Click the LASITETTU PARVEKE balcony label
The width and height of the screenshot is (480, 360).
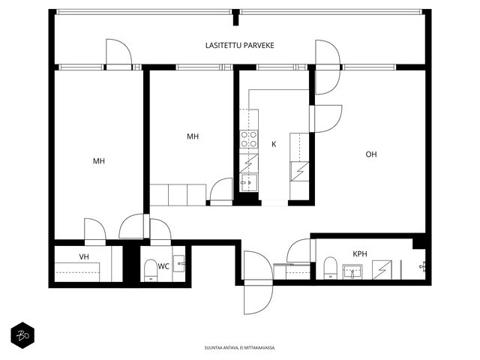pyautogui.click(x=240, y=46)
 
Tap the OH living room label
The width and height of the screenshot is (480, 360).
pyautogui.click(x=371, y=154)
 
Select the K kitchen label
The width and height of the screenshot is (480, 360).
pyautogui.click(x=274, y=144)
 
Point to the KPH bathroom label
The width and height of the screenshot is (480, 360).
pyautogui.click(x=360, y=253)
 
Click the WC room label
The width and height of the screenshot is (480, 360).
pyautogui.click(x=163, y=266)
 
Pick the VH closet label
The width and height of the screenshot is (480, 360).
pyautogui.click(x=84, y=256)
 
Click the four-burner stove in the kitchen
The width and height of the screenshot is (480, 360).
pyautogui.click(x=248, y=139)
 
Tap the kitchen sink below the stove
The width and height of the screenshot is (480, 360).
pyautogui.click(x=248, y=182)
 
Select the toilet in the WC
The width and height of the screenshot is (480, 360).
pyautogui.click(x=151, y=270)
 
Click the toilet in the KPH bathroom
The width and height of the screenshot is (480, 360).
pyautogui.click(x=330, y=268)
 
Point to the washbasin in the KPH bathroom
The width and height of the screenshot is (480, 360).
pyautogui.click(x=352, y=271)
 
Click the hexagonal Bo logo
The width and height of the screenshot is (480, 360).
pyautogui.click(x=22, y=335)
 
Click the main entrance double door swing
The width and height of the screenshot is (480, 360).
pyautogui.click(x=259, y=282)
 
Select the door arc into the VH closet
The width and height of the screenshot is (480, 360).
pyautogui.click(x=95, y=229)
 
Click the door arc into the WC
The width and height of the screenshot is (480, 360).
pyautogui.click(x=160, y=229)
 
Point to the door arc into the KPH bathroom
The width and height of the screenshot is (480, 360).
pyautogui.click(x=298, y=250)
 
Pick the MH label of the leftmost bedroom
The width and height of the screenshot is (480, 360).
pyautogui.click(x=99, y=161)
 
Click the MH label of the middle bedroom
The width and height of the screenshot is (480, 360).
pyautogui.click(x=193, y=136)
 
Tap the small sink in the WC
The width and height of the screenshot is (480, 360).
pyautogui.click(x=178, y=263)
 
